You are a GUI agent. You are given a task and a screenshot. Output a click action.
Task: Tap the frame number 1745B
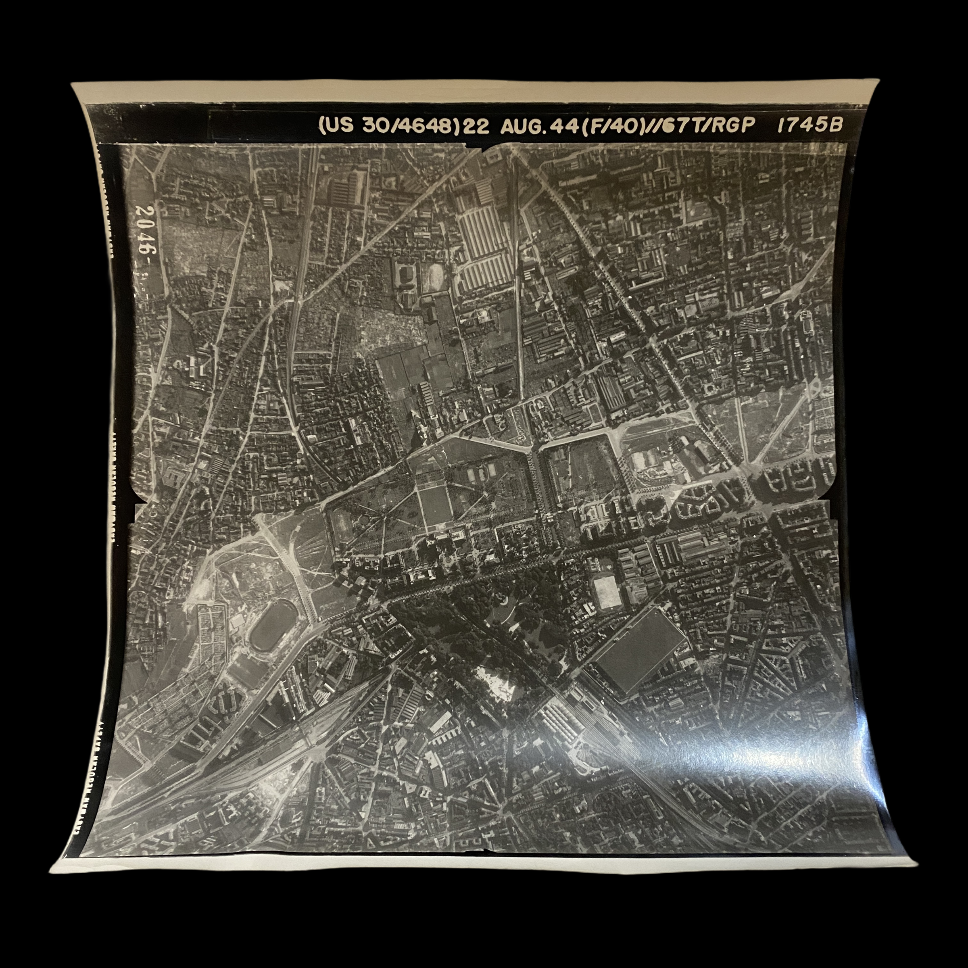809,125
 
